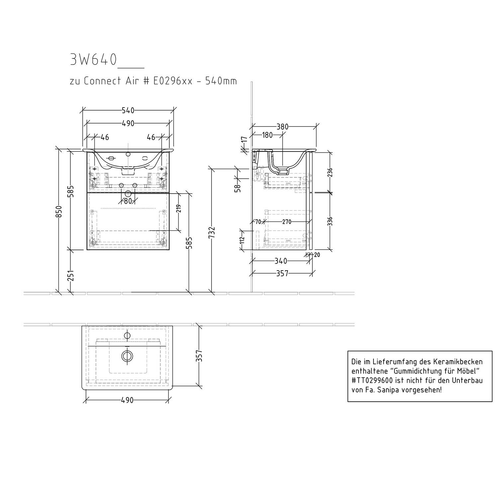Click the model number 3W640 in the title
(x=93, y=60)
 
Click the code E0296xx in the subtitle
(x=173, y=81)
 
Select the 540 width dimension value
(x=128, y=110)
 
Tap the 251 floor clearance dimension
(x=71, y=276)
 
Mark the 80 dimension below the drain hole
(x=128, y=201)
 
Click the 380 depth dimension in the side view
(x=282, y=126)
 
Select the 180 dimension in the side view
(x=267, y=135)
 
